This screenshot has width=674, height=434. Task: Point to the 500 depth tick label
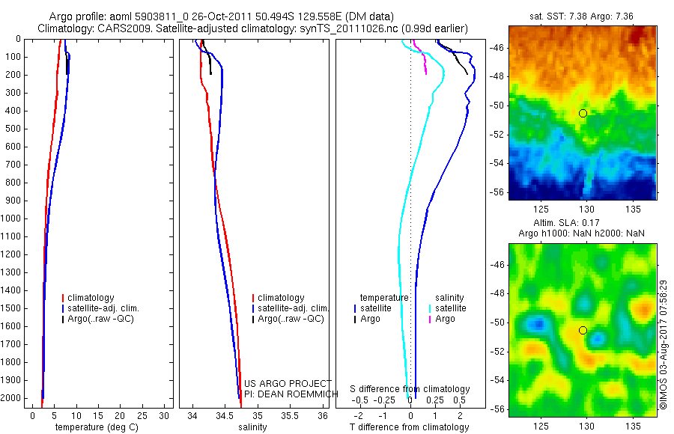[x=13, y=129]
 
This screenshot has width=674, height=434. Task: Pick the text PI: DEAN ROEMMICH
[x=285, y=394]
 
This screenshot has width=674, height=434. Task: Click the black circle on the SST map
[x=583, y=113]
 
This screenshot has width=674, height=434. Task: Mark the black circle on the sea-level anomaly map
[x=583, y=330]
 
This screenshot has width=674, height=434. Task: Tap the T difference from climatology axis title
[x=409, y=427]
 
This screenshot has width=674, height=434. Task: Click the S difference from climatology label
[x=410, y=389]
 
